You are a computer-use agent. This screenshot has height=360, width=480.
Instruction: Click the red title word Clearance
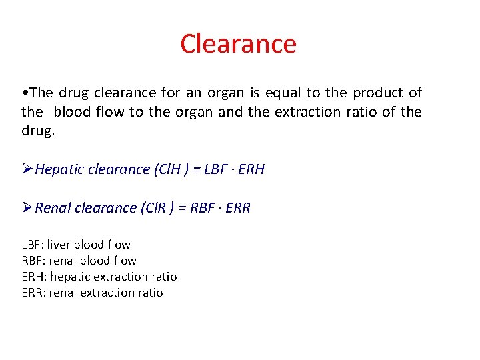pos(238,44)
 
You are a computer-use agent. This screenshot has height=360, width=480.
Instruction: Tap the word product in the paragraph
pos(378,93)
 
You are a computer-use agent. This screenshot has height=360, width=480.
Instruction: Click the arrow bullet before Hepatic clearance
pos(27,169)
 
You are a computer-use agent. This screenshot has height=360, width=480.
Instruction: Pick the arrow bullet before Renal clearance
pos(27,208)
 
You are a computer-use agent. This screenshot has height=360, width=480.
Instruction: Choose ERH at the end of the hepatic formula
pos(251,169)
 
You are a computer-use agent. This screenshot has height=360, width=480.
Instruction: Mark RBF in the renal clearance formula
pos(203,208)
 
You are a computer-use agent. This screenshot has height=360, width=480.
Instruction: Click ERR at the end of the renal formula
pos(237,208)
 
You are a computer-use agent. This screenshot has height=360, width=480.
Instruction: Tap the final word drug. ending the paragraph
pos(38,131)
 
